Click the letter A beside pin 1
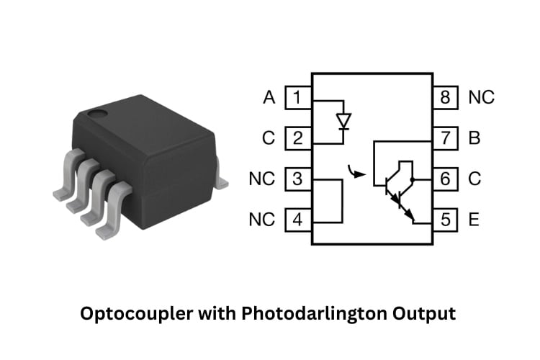coord(269,97)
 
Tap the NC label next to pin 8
coord(481,97)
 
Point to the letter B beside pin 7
coord(474,138)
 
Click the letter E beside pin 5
coord(474,220)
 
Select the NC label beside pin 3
coord(262,179)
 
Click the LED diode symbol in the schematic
coord(343,120)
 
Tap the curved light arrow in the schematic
coord(353,171)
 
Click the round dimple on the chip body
coord(96,113)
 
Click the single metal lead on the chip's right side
coord(221,181)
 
